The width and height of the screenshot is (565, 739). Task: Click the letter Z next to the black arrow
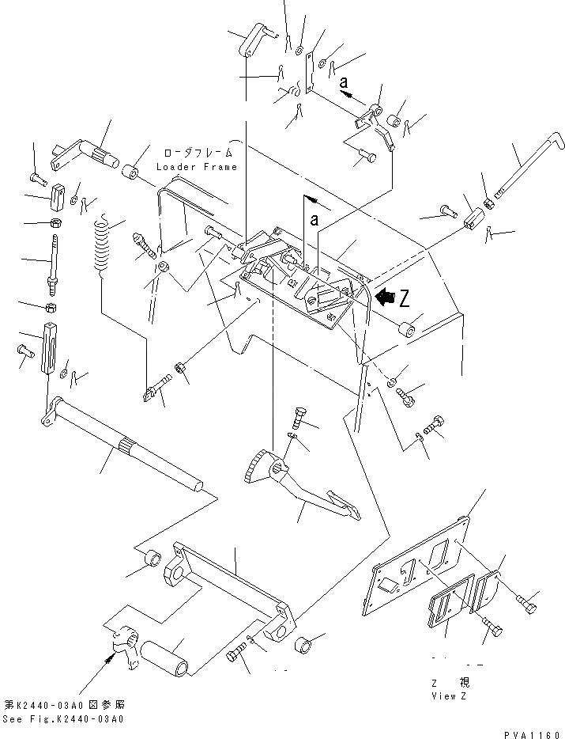[405, 298]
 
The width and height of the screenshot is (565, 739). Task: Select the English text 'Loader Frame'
[196, 167]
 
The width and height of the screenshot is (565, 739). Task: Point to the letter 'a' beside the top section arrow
[344, 81]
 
